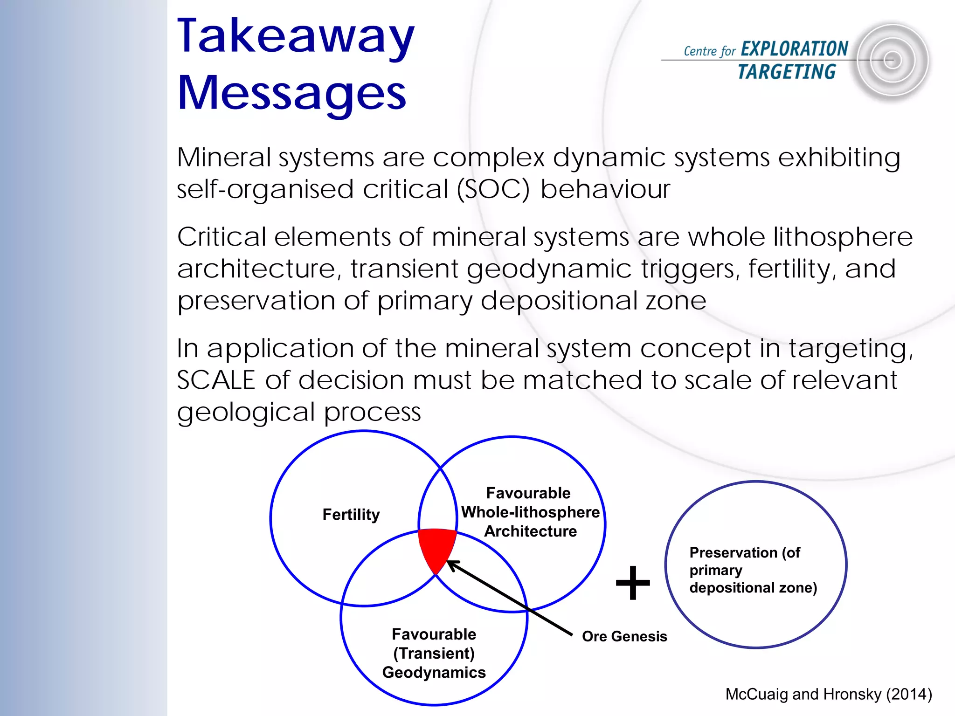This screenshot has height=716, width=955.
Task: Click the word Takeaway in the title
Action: (296, 37)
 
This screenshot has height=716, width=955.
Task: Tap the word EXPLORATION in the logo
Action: (794, 49)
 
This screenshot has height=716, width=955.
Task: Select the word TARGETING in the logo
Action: (787, 72)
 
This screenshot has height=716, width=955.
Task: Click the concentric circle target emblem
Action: (892, 61)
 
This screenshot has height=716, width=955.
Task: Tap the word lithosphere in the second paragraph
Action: (843, 237)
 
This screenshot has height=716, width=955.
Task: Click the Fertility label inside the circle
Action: (351, 515)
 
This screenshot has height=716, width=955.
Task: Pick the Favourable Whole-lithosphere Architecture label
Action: (530, 512)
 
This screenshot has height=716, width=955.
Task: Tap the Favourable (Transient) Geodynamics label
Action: (434, 654)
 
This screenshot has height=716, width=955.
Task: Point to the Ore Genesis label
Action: (624, 636)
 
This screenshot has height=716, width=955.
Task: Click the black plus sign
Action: (633, 583)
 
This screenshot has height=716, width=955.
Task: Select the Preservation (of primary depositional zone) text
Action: (753, 570)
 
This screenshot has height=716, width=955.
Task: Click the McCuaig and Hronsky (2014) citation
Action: (829, 694)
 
